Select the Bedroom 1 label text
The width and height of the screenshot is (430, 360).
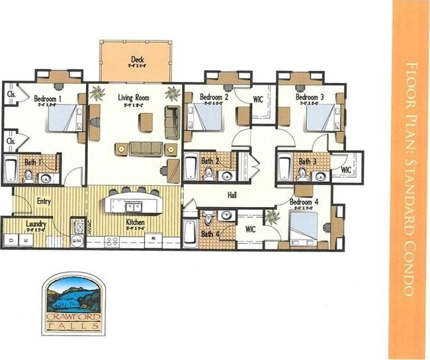click(x=48, y=99)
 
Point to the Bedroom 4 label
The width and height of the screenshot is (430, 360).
click(x=304, y=201)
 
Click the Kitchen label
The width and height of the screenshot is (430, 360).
click(x=135, y=222)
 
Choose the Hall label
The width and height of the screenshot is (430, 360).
click(x=232, y=196)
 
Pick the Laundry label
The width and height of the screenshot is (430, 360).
click(x=36, y=224)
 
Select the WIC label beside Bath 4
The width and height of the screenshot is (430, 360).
click(x=250, y=229)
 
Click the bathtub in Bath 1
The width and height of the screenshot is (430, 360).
click(x=11, y=170)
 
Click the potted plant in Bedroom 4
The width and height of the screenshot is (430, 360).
click(x=271, y=216)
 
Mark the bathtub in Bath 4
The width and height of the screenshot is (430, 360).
click(x=189, y=233)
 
